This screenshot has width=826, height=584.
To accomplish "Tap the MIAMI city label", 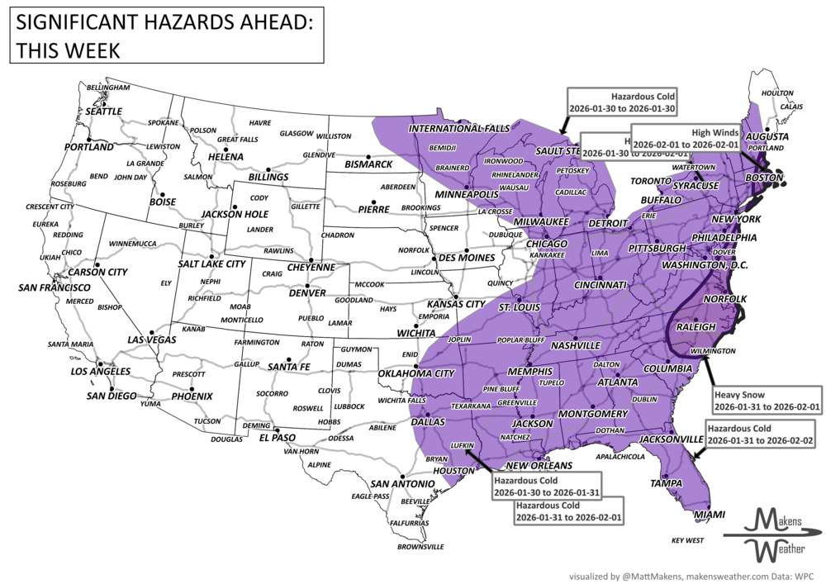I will pyautogui.click(x=709, y=515).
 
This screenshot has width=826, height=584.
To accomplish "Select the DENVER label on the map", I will pyautogui.click(x=306, y=293).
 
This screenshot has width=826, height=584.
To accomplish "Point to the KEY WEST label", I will pyautogui.click(x=687, y=540).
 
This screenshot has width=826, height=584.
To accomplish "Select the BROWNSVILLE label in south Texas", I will pyautogui.click(x=420, y=547).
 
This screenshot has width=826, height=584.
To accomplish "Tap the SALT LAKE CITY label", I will pyautogui.click(x=211, y=264).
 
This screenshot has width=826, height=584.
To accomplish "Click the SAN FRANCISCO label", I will pyautogui.click(x=55, y=287).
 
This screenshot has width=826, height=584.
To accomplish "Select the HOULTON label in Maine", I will pyautogui.click(x=777, y=93).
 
